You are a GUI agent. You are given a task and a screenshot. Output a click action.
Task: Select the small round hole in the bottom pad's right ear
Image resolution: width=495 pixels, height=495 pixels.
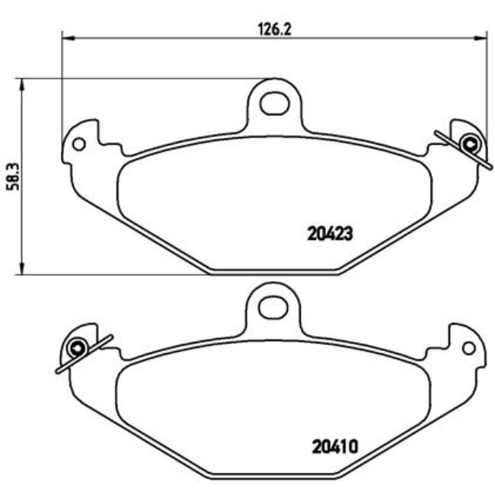pos(468,348)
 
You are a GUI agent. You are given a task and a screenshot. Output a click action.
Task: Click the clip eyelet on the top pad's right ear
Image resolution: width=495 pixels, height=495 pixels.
pos(470,142)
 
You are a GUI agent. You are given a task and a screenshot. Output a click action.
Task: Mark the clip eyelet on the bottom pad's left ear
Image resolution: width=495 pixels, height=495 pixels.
pos(76,349)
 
